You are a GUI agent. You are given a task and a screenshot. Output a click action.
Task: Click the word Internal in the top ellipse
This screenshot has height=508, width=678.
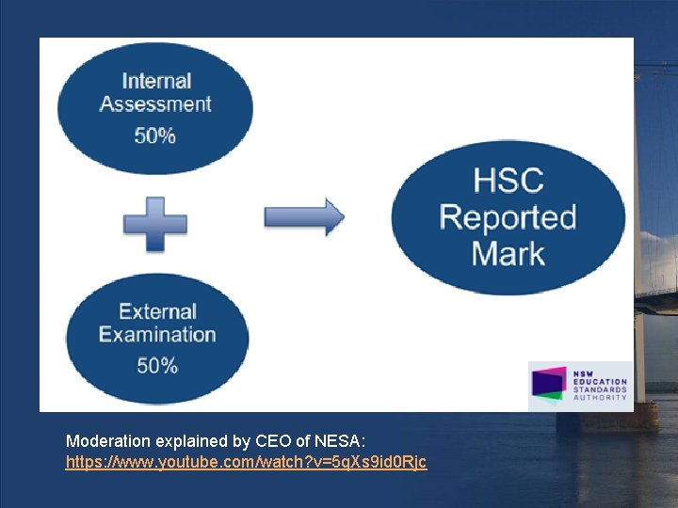click(x=156, y=82)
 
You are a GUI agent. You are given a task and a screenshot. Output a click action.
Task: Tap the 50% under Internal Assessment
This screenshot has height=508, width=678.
click(x=154, y=135)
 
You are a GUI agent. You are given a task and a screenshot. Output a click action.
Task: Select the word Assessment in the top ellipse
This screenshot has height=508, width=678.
click(x=155, y=104)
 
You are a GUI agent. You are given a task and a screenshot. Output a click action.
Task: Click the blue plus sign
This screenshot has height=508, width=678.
click(x=155, y=224)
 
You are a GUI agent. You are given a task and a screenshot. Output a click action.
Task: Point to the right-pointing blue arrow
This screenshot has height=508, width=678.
click(x=303, y=217)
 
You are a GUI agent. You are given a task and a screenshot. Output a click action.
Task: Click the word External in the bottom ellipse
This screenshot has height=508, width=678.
click(x=157, y=311)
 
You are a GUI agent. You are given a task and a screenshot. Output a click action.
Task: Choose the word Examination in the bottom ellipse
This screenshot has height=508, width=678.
click(x=157, y=334)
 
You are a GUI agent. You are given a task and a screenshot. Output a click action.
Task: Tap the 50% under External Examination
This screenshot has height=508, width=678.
click(x=156, y=366)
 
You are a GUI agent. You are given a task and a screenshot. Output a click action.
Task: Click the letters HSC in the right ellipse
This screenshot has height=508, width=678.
click(x=508, y=181)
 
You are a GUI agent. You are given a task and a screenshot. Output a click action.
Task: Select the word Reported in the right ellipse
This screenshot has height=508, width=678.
click(x=508, y=217)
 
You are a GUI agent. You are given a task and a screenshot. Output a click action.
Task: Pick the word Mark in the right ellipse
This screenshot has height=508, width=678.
click(x=508, y=253)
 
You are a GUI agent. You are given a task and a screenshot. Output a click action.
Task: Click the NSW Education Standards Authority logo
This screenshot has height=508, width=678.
click(x=579, y=385)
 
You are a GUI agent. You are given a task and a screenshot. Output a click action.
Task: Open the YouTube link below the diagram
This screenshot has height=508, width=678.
click(x=246, y=463)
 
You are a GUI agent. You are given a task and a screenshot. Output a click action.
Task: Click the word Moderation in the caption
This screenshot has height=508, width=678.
click(x=107, y=440)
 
